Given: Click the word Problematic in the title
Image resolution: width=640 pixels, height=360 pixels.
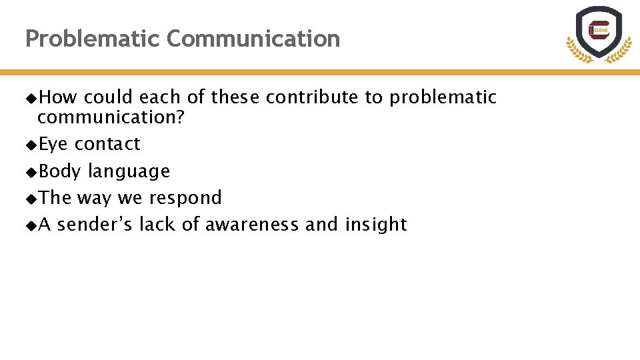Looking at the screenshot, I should coord(93,39).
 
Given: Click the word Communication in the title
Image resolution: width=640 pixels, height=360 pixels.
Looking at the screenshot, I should coord(253,39).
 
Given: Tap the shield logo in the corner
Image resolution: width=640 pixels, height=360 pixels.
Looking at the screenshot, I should coord(598,33).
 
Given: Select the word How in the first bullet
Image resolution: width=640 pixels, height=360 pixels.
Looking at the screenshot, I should coord(58,97).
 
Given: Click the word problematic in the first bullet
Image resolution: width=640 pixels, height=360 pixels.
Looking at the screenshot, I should coord(443,97).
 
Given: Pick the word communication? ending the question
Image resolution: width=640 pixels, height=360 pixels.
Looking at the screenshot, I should coord(111,118).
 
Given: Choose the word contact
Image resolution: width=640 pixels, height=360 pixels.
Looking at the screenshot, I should coord(107,144).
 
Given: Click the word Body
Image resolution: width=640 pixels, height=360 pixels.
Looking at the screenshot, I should coord(60,171).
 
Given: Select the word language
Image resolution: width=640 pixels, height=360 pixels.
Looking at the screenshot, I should coord(129,171).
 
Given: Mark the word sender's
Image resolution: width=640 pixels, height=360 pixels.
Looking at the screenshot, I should coord(95,225).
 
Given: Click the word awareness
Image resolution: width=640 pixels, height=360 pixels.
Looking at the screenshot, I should coord(252,225).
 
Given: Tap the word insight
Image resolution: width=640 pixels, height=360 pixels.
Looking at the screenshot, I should coord(376,225).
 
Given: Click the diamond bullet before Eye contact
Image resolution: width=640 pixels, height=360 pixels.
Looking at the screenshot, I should coord(31,145).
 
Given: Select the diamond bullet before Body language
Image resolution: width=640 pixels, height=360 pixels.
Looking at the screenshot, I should coord(31,172).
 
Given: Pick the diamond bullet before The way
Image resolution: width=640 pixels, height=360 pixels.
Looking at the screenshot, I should coord(31,199).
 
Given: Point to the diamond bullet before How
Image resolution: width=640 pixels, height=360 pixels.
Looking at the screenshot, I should coord(31,98).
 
